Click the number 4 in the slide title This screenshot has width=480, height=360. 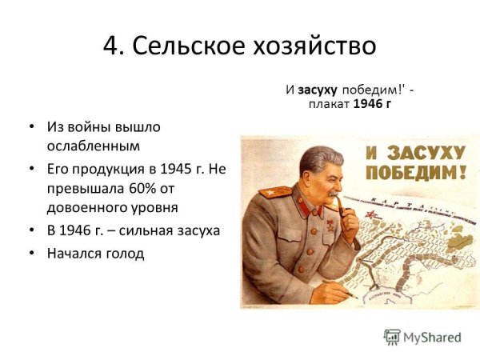110,46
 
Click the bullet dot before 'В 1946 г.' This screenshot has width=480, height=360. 30,231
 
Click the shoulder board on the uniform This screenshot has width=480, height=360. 274,194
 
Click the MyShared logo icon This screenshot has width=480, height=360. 392,337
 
